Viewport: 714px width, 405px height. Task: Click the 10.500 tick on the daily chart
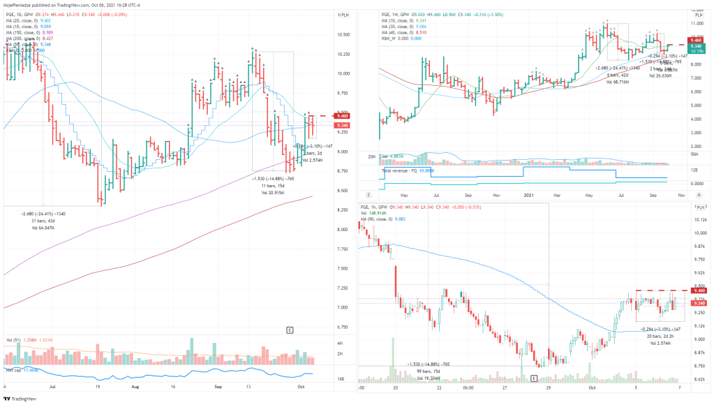(x=342, y=34)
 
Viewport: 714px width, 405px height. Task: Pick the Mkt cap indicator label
(x=14, y=369)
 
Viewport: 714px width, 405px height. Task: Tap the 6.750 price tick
(x=342, y=327)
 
